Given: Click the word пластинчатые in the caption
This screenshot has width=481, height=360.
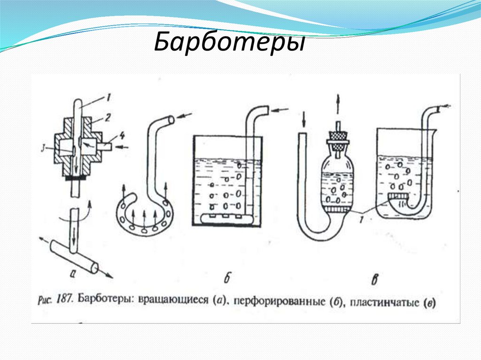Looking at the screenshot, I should pyautogui.click(x=385, y=302).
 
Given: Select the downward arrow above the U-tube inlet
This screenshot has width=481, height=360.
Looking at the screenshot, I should pyautogui.click(x=304, y=119).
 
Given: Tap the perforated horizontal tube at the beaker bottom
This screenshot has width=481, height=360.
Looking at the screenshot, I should pyautogui.click(x=225, y=218).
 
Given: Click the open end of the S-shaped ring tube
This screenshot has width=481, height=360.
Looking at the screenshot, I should pyautogui.click(x=171, y=119).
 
